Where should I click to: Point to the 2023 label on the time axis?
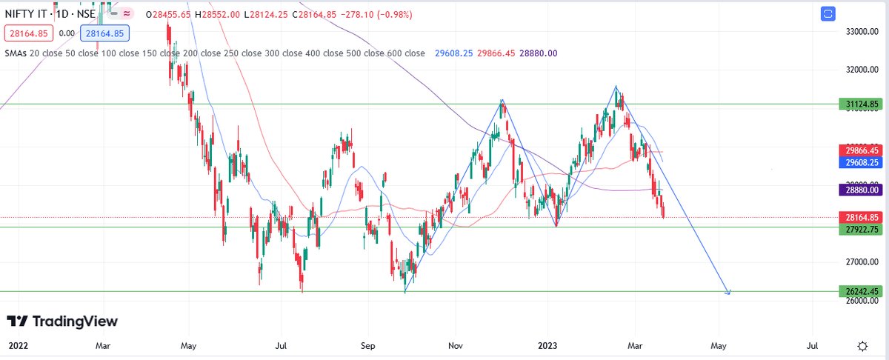[547, 346]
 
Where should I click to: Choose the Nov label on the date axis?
[456, 346]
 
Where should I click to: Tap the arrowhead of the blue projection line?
[729, 293]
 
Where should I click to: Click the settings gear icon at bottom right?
[862, 346]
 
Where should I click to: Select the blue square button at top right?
[828, 13]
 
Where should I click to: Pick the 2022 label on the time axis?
[18, 346]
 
